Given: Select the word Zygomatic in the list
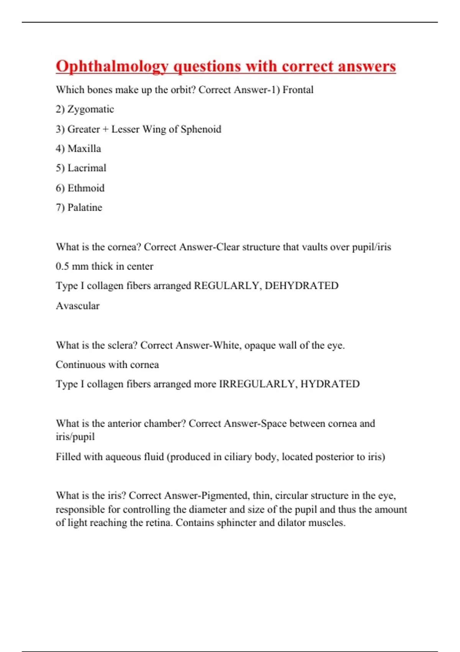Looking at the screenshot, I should coord(90,109).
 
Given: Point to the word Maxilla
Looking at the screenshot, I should coord(84,149).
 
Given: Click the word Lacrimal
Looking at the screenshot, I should coord(87,168).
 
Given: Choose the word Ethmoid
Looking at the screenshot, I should coord(86,188).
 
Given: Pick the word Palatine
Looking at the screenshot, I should coord(85,207).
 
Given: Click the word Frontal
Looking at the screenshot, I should coord(298,90).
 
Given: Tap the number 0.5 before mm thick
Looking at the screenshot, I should coord(62,266).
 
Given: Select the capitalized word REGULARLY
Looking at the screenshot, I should coord(227,286).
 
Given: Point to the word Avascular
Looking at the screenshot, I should coord(77,306).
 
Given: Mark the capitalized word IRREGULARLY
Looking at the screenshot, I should coord(258,384).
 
